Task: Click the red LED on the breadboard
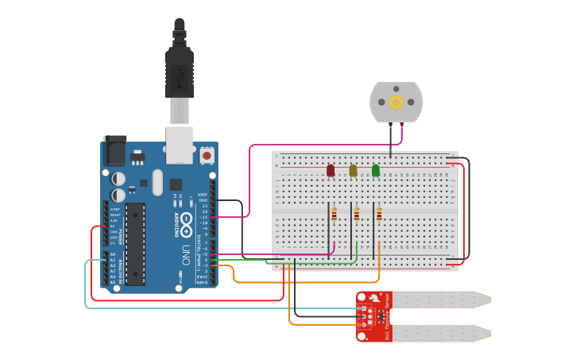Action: tap(331, 170)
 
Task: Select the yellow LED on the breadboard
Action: tap(353, 170)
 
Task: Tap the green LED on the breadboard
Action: tap(376, 170)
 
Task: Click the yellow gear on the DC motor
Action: tap(396, 102)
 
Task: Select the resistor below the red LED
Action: tap(334, 214)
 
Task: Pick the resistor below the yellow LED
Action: tap(356, 214)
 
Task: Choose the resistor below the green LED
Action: tap(379, 214)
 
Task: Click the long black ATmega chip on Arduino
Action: tap(135, 243)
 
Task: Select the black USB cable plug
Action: tap(179, 72)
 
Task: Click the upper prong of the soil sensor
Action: tap(441, 300)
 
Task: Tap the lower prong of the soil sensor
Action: tap(441, 332)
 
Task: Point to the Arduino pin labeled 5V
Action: tap(113, 226)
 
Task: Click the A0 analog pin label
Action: tap(113, 254)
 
